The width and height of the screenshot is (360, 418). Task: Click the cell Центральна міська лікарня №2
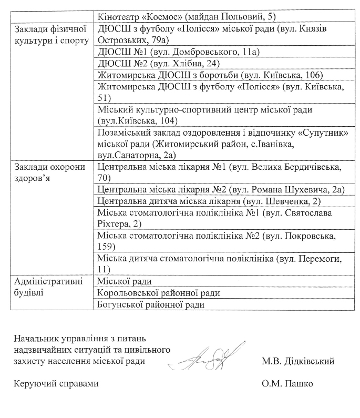[x=220, y=190]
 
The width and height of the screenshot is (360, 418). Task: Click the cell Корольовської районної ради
[x=159, y=293]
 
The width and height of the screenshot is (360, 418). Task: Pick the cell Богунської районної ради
[x=151, y=304]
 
